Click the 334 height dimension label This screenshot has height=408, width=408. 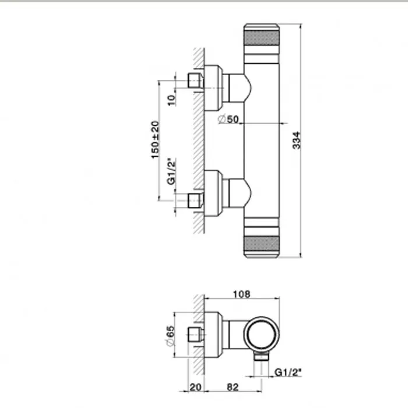coord(296,140)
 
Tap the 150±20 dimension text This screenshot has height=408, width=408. coord(155,140)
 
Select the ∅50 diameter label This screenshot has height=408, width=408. coord(228,119)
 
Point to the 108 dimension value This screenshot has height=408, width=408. coord(241,294)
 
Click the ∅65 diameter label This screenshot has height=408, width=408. coord(170,336)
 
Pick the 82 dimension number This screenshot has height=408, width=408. coord(233,387)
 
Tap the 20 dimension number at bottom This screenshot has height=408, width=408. coord(195,387)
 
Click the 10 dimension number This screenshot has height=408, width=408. coord(171,100)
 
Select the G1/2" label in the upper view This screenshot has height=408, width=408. coord(171,171)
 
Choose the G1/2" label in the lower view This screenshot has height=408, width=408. coord(288,372)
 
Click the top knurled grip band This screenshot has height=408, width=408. coord(262,38)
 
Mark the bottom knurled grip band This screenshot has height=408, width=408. coord(262,244)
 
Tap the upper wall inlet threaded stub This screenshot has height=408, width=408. coord(195,80)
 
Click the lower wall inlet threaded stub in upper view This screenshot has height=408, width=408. coord(195,201)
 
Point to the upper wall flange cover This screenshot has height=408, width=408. coord(214,88)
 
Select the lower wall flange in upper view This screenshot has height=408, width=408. coord(214,193)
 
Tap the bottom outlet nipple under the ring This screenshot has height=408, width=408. coord(261,357)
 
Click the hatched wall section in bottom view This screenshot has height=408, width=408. coord(199,335)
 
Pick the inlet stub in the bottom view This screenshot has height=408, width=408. coord(195,335)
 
